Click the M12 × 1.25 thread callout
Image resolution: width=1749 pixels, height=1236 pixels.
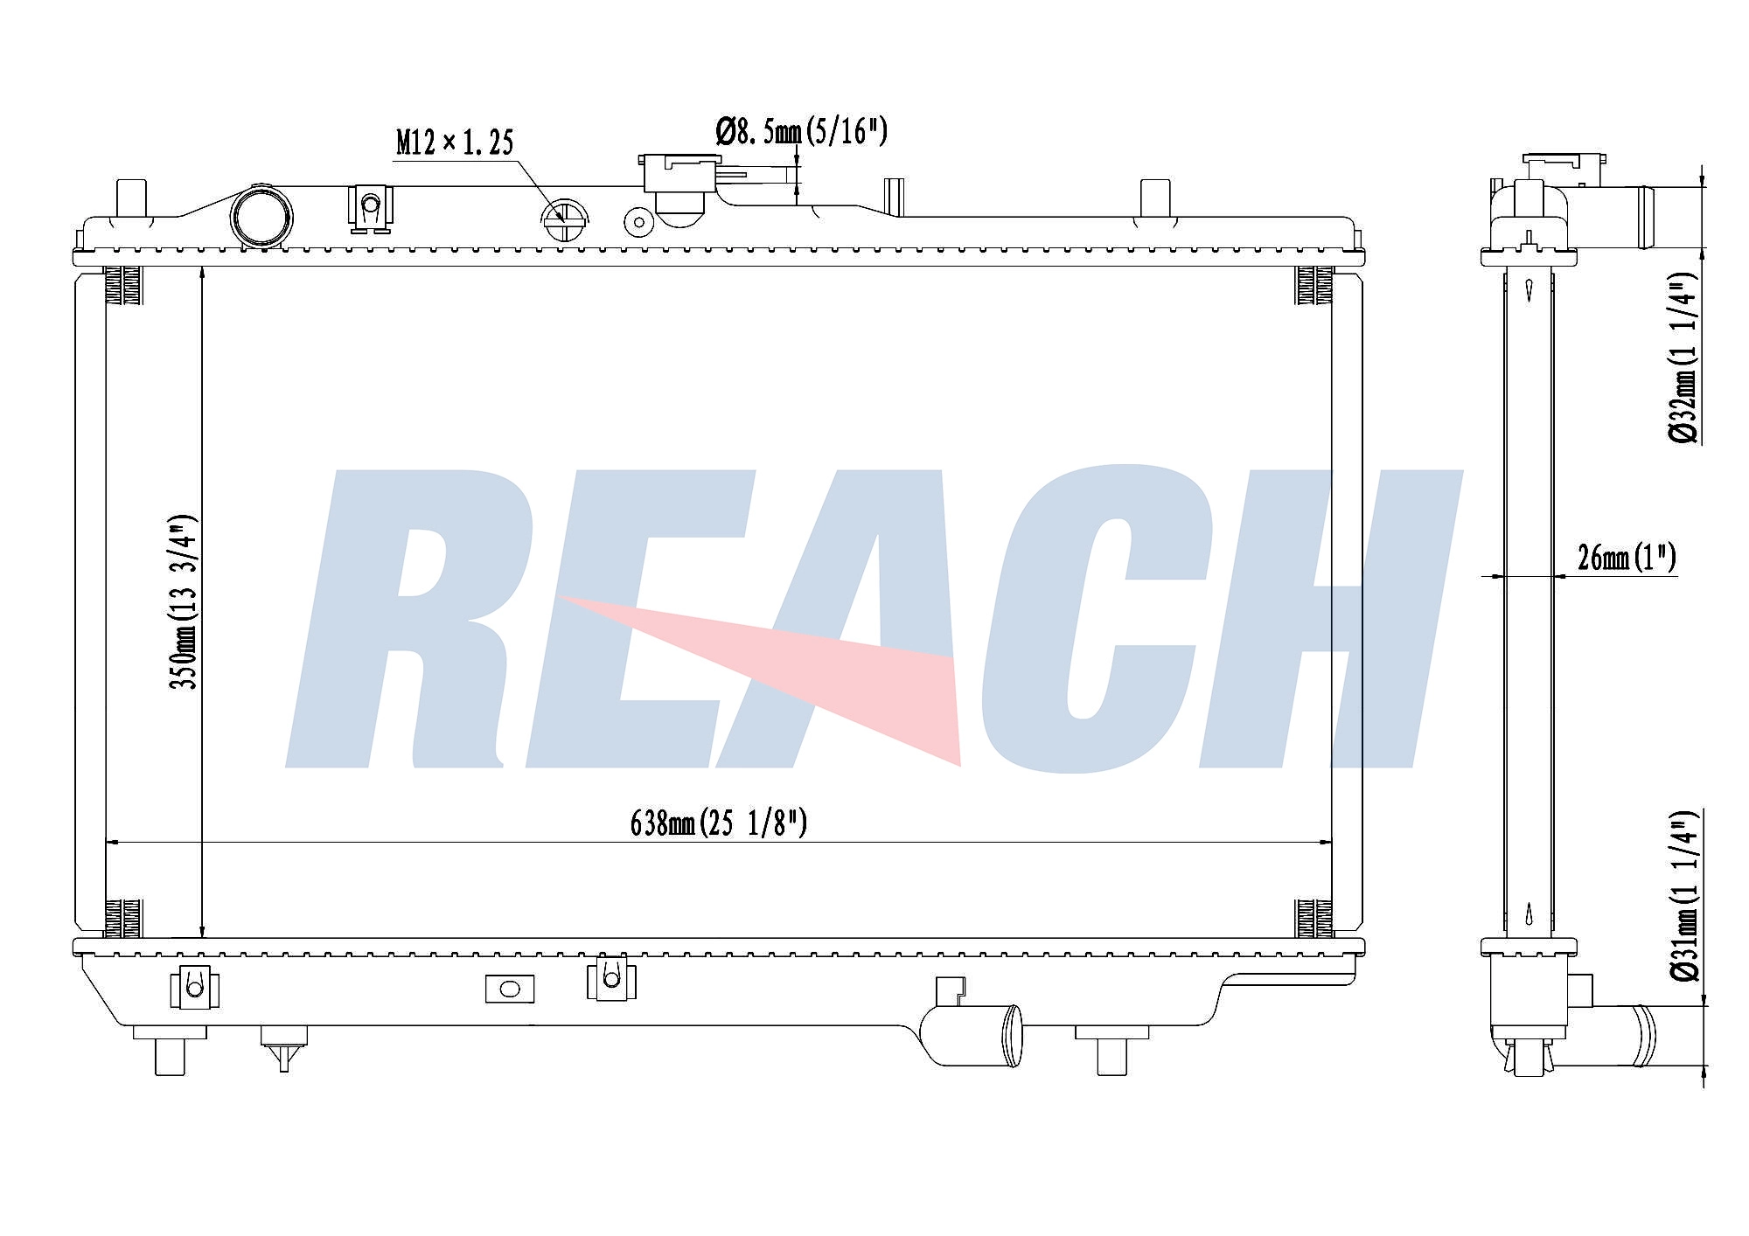coord(455,142)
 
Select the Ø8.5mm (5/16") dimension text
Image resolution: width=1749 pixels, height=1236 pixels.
coord(801,132)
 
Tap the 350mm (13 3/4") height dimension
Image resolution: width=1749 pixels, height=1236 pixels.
coord(185,601)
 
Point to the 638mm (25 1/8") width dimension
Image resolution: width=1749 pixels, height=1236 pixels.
coord(718,823)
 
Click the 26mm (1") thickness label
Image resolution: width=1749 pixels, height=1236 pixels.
coord(1627,557)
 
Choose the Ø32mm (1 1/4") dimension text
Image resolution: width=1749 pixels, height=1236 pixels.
coord(1683,358)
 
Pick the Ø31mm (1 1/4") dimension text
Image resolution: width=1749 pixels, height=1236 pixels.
coord(1683,895)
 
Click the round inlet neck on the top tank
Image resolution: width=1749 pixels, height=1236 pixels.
coord(261,217)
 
